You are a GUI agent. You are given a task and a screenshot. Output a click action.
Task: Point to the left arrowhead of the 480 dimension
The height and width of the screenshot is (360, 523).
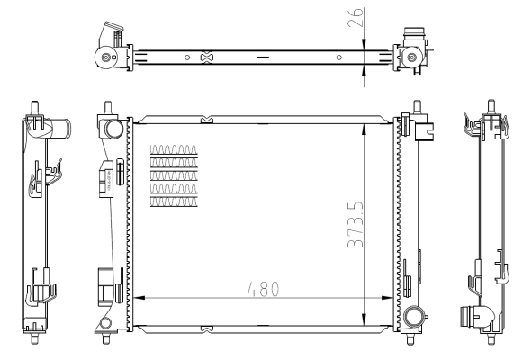(x=137, y=298)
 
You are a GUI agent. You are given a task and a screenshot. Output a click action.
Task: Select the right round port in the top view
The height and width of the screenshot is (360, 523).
(x=411, y=58)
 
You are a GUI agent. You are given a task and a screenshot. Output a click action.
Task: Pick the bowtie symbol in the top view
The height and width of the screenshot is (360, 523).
(x=206, y=58)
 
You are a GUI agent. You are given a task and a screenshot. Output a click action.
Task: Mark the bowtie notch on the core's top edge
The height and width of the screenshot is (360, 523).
(x=206, y=118)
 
